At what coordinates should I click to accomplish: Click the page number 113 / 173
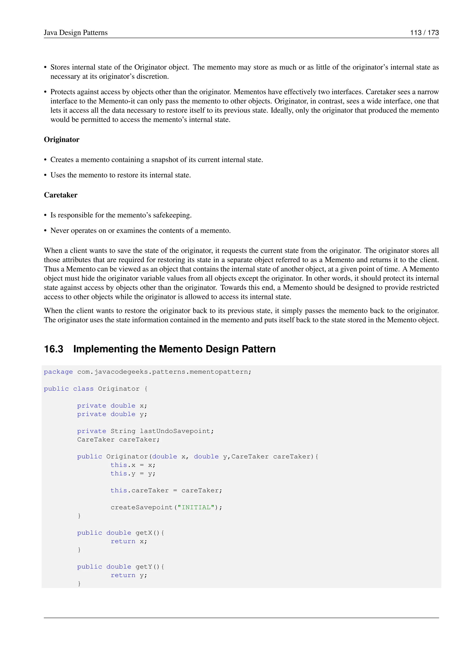(424, 33)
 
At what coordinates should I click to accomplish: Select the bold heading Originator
(62, 140)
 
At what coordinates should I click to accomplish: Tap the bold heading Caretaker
(61, 195)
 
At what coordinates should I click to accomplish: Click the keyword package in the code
(58, 372)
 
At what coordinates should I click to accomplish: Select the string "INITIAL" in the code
(196, 507)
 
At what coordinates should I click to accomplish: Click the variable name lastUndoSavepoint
(175, 431)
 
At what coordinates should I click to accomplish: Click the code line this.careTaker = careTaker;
(166, 490)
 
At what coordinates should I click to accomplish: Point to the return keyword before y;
(123, 575)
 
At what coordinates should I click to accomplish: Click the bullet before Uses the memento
(45, 175)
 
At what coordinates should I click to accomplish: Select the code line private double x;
(112, 406)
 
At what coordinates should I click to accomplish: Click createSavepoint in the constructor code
(141, 507)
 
